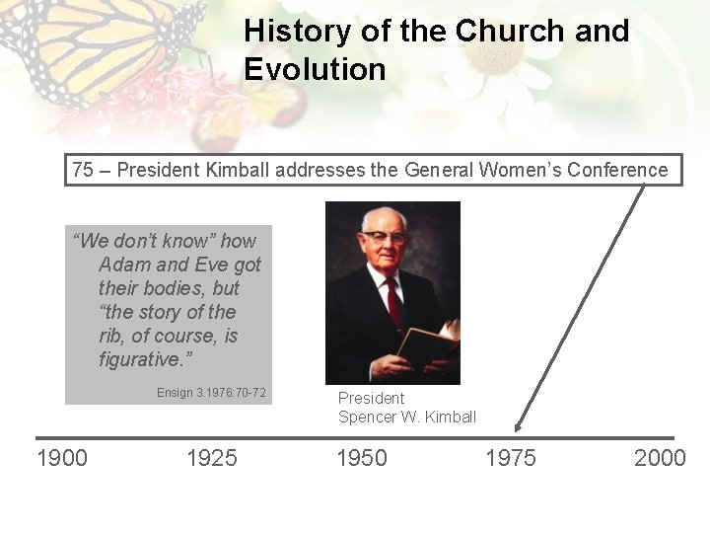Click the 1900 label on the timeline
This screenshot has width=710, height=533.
[x=62, y=458]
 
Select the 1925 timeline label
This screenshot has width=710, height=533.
[x=212, y=458]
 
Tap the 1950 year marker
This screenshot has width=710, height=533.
[x=362, y=458]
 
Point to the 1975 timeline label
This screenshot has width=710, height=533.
[x=511, y=458]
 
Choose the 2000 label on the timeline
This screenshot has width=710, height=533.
[x=660, y=458]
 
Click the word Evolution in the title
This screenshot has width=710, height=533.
[x=315, y=70]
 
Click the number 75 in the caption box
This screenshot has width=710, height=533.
[x=83, y=170]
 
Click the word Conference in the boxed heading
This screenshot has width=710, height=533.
[x=615, y=170]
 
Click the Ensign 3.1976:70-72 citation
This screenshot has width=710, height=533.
[x=211, y=393]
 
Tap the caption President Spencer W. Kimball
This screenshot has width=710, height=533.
[x=406, y=407]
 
